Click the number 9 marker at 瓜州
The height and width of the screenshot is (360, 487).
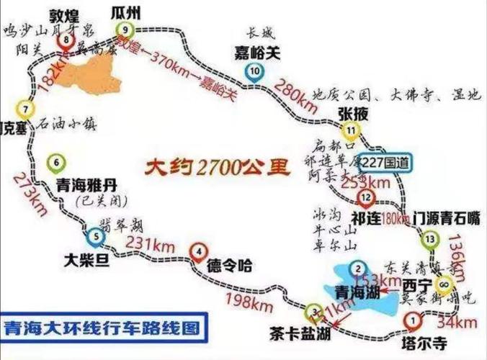[126, 29]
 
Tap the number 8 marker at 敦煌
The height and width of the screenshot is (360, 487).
[67, 40]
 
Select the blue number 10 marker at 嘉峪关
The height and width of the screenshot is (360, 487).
[255, 71]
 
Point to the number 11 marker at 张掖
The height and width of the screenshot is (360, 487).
[351, 130]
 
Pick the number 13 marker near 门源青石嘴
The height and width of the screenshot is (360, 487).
[430, 238]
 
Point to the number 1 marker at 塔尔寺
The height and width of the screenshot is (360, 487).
[411, 318]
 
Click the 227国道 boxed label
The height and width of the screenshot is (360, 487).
[389, 163]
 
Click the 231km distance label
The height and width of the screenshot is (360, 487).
[148, 243]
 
